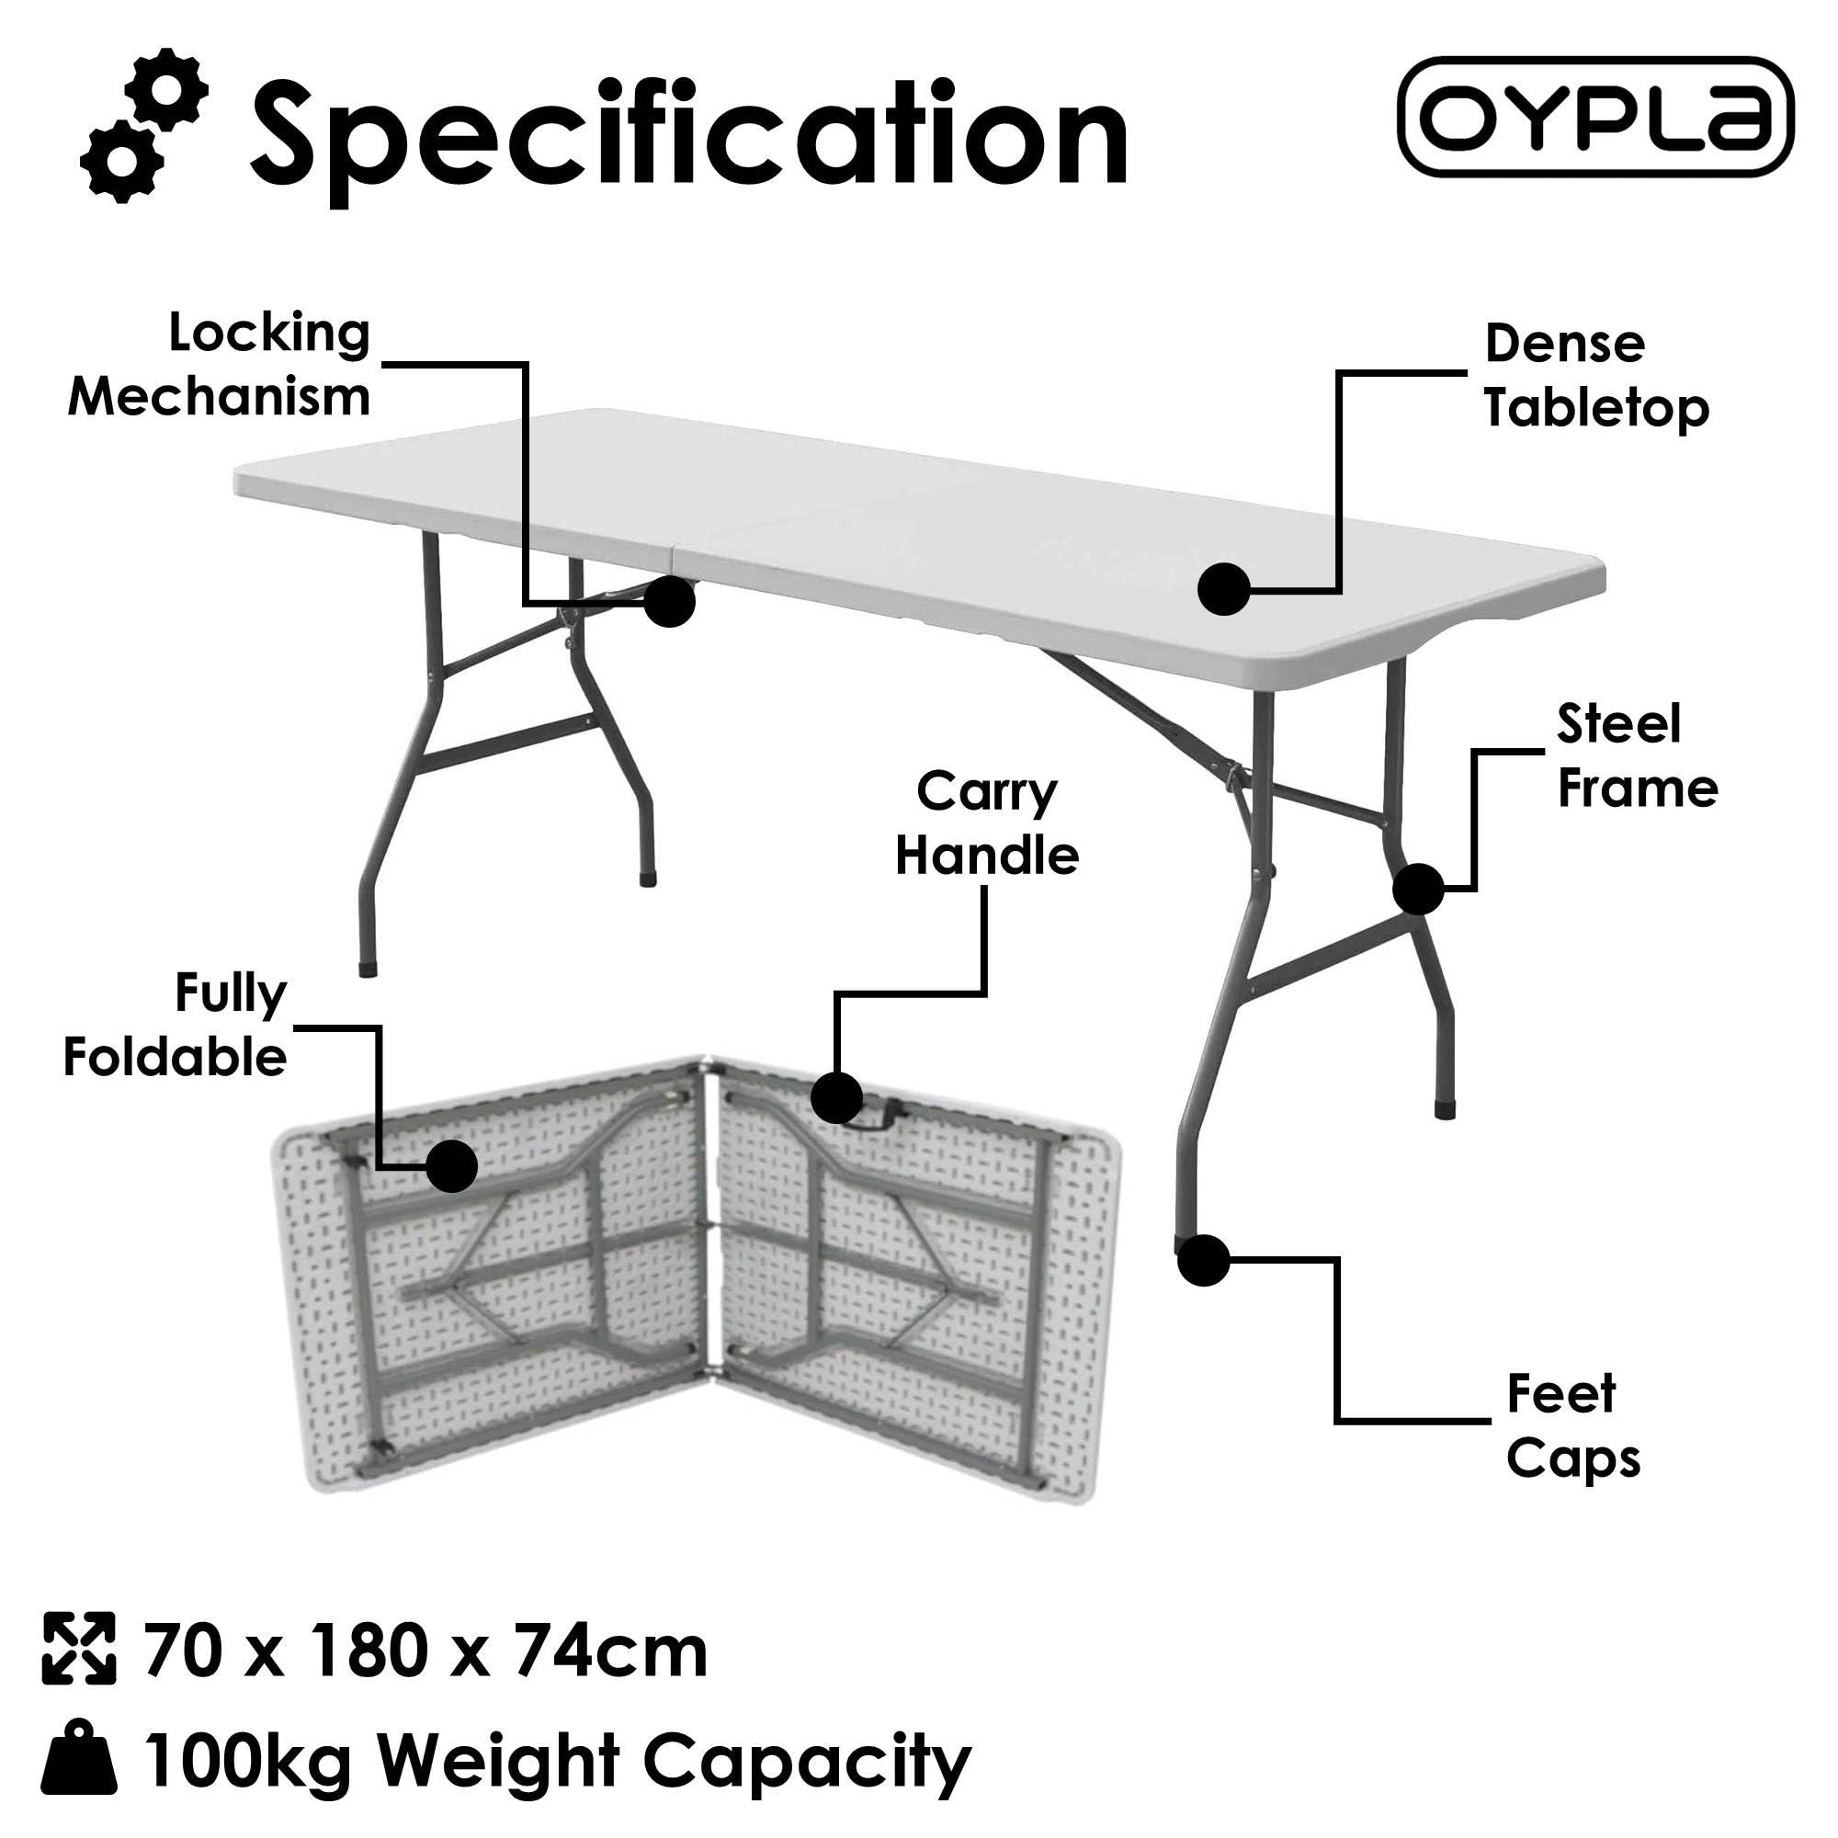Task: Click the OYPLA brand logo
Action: tap(1595, 117)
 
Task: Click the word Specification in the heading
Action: tap(688, 136)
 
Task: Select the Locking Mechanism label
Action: tap(221, 364)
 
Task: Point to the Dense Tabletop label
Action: tap(1595, 377)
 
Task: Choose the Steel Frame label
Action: tap(1637, 756)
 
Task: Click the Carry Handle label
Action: tap(986, 823)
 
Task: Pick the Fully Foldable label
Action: tap(177, 1026)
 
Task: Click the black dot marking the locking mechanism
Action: tap(669, 601)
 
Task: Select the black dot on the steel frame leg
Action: tap(1417, 889)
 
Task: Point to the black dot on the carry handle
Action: tap(836, 1097)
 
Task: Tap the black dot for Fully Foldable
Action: tap(451, 1166)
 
